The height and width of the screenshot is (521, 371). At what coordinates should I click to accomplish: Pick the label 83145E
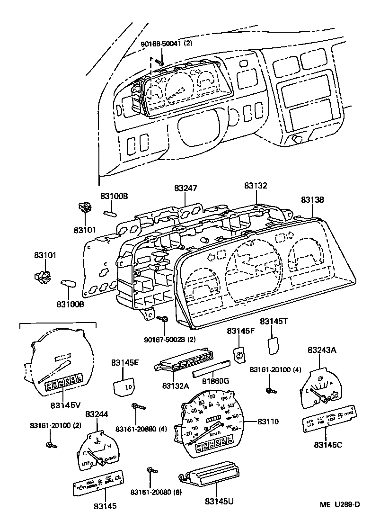tap(125, 363)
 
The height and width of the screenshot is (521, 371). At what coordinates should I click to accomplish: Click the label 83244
tap(97, 414)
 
